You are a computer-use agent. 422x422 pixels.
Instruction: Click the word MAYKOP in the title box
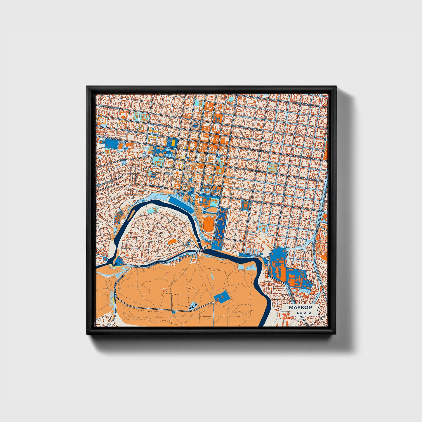coord(300,308)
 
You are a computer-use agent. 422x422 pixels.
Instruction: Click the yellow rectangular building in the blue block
coord(173,142)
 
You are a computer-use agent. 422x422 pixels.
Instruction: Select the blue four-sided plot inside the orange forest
coord(222,297)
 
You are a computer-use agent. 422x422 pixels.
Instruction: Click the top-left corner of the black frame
coord(87,87)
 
